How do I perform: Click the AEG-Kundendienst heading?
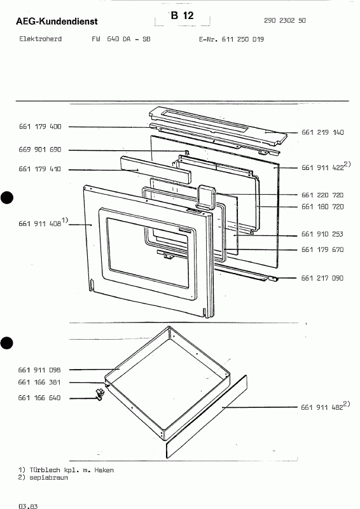pyautogui.click(x=57, y=22)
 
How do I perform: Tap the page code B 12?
pyautogui.click(x=182, y=15)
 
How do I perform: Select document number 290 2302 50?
pyautogui.click(x=285, y=20)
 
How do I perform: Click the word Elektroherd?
pyautogui.click(x=41, y=39)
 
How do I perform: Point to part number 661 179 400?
pyautogui.click(x=40, y=127)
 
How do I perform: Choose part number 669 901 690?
pyautogui.click(x=40, y=150)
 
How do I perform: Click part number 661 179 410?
pyautogui.click(x=40, y=169)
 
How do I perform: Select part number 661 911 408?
pyautogui.click(x=40, y=224)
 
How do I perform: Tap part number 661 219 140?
pyautogui.click(x=322, y=132)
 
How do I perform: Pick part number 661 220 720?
pyautogui.click(x=322, y=195)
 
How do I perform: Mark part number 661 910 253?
pyautogui.click(x=322, y=234)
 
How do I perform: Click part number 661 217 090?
pyautogui.click(x=322, y=278)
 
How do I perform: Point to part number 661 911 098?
pyautogui.click(x=39, y=370)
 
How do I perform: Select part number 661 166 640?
pyautogui.click(x=39, y=398)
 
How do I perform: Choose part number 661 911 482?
pyautogui.click(x=322, y=407)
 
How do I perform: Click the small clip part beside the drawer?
pyautogui.click(x=100, y=394)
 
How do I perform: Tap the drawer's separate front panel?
pyautogui.click(x=207, y=417)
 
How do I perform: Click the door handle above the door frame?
pyautogui.click(x=206, y=197)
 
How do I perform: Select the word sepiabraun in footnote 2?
pyautogui.click(x=49, y=478)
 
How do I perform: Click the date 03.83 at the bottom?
pyautogui.click(x=28, y=506)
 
